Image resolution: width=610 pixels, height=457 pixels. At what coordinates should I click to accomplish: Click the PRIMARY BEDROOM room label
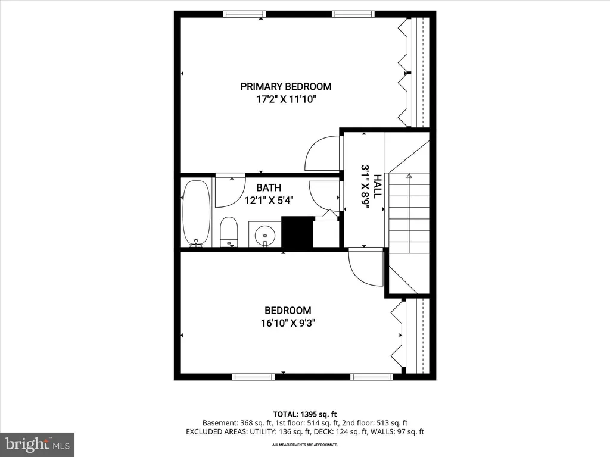(x=286, y=87)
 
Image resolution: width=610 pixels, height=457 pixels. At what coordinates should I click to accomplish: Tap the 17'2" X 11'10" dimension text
(x=285, y=99)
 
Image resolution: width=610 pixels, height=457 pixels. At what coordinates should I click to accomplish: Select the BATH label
(x=269, y=187)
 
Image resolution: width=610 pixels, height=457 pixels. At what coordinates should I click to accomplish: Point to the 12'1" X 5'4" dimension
(x=269, y=201)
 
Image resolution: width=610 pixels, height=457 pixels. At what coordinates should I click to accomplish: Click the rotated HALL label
(x=377, y=186)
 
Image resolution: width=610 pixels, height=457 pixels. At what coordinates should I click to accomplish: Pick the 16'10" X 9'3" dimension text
(x=288, y=323)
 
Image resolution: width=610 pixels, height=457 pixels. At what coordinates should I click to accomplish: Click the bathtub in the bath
(x=197, y=213)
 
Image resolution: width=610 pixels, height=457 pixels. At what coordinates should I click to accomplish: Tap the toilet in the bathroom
(x=229, y=231)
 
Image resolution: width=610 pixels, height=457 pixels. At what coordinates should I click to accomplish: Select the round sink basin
(x=265, y=236)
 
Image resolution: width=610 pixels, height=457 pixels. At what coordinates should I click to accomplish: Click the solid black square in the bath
(x=298, y=232)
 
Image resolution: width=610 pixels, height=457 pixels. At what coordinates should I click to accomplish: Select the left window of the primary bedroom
(x=244, y=14)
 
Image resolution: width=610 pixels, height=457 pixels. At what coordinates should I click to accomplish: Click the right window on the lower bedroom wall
(x=372, y=377)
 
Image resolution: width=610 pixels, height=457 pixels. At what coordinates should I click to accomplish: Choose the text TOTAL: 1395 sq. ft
(x=305, y=414)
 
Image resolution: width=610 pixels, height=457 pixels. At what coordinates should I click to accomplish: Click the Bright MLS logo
(x=37, y=445)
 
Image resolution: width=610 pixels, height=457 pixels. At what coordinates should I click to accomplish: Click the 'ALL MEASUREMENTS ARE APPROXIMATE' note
(x=305, y=445)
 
